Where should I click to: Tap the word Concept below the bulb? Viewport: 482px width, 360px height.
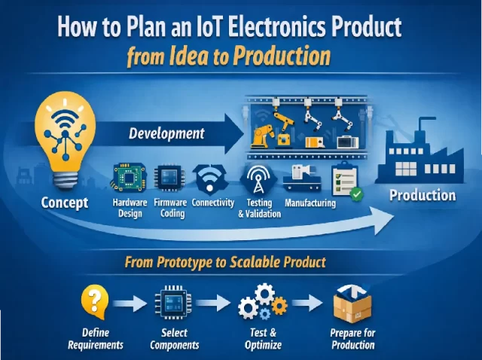[65, 202]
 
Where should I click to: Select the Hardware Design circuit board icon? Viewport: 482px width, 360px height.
[130, 178]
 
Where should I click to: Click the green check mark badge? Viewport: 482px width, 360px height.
[355, 194]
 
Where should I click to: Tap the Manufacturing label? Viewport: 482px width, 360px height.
[310, 203]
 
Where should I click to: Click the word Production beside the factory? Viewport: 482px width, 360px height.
[422, 196]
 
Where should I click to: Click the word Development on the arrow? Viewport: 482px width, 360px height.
[166, 134]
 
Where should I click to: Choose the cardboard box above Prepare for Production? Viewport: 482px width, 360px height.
[352, 304]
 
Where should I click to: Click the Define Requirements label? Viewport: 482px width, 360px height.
[96, 339]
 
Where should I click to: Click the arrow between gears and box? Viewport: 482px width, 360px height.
[308, 304]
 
